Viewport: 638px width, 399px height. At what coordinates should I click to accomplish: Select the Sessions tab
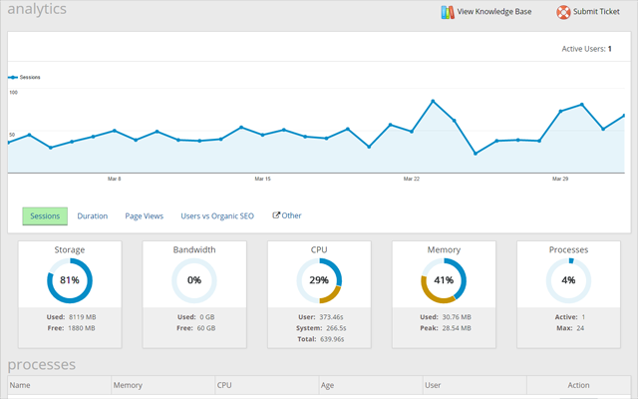click(x=45, y=215)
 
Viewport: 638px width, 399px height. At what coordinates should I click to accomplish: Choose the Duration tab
click(x=93, y=215)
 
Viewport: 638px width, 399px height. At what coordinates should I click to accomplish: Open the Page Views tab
click(x=144, y=215)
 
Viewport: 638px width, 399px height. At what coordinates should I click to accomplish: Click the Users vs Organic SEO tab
click(x=217, y=215)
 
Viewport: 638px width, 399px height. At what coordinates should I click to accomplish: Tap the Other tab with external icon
click(x=287, y=215)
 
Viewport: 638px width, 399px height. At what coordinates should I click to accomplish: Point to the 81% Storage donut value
click(x=70, y=280)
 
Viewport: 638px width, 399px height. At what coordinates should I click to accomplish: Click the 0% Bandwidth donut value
click(x=194, y=280)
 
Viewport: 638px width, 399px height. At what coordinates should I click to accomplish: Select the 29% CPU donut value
click(x=319, y=280)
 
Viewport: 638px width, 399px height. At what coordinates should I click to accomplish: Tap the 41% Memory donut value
click(x=444, y=280)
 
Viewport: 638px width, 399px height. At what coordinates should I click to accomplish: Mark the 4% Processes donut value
click(x=568, y=280)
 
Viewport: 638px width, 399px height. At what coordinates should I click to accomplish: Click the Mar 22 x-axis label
click(x=411, y=180)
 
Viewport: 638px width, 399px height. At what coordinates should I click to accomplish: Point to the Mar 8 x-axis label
click(x=114, y=180)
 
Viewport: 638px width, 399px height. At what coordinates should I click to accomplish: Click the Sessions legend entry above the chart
click(x=26, y=77)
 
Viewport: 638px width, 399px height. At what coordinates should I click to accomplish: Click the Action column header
click(x=579, y=385)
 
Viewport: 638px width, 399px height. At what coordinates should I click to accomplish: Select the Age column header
click(x=328, y=385)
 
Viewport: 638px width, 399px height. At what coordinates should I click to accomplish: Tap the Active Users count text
click(x=594, y=48)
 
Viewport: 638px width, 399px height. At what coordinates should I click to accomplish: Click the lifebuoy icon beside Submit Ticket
click(x=563, y=12)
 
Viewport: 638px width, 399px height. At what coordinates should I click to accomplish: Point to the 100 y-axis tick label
click(x=14, y=92)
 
